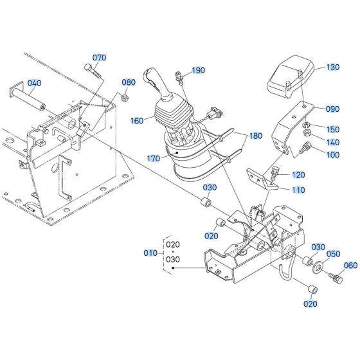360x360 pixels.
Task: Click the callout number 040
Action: [x=34, y=84]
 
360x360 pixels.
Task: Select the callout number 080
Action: [x=129, y=82]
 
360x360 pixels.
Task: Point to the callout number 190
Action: [x=198, y=70]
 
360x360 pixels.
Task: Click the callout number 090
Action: [x=332, y=109]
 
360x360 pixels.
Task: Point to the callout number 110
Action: [x=298, y=190]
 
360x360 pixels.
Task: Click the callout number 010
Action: [x=150, y=253]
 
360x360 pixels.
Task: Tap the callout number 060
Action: [x=351, y=265]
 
